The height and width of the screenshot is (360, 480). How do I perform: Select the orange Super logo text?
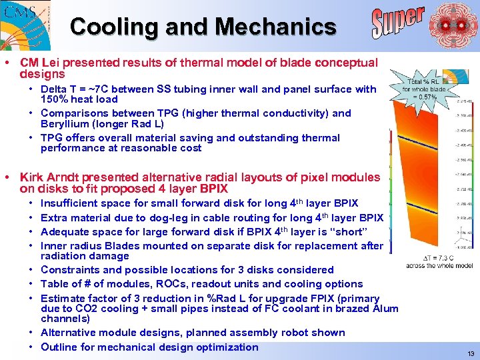[397, 22]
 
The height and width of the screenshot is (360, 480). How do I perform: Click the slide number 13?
[471, 353]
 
